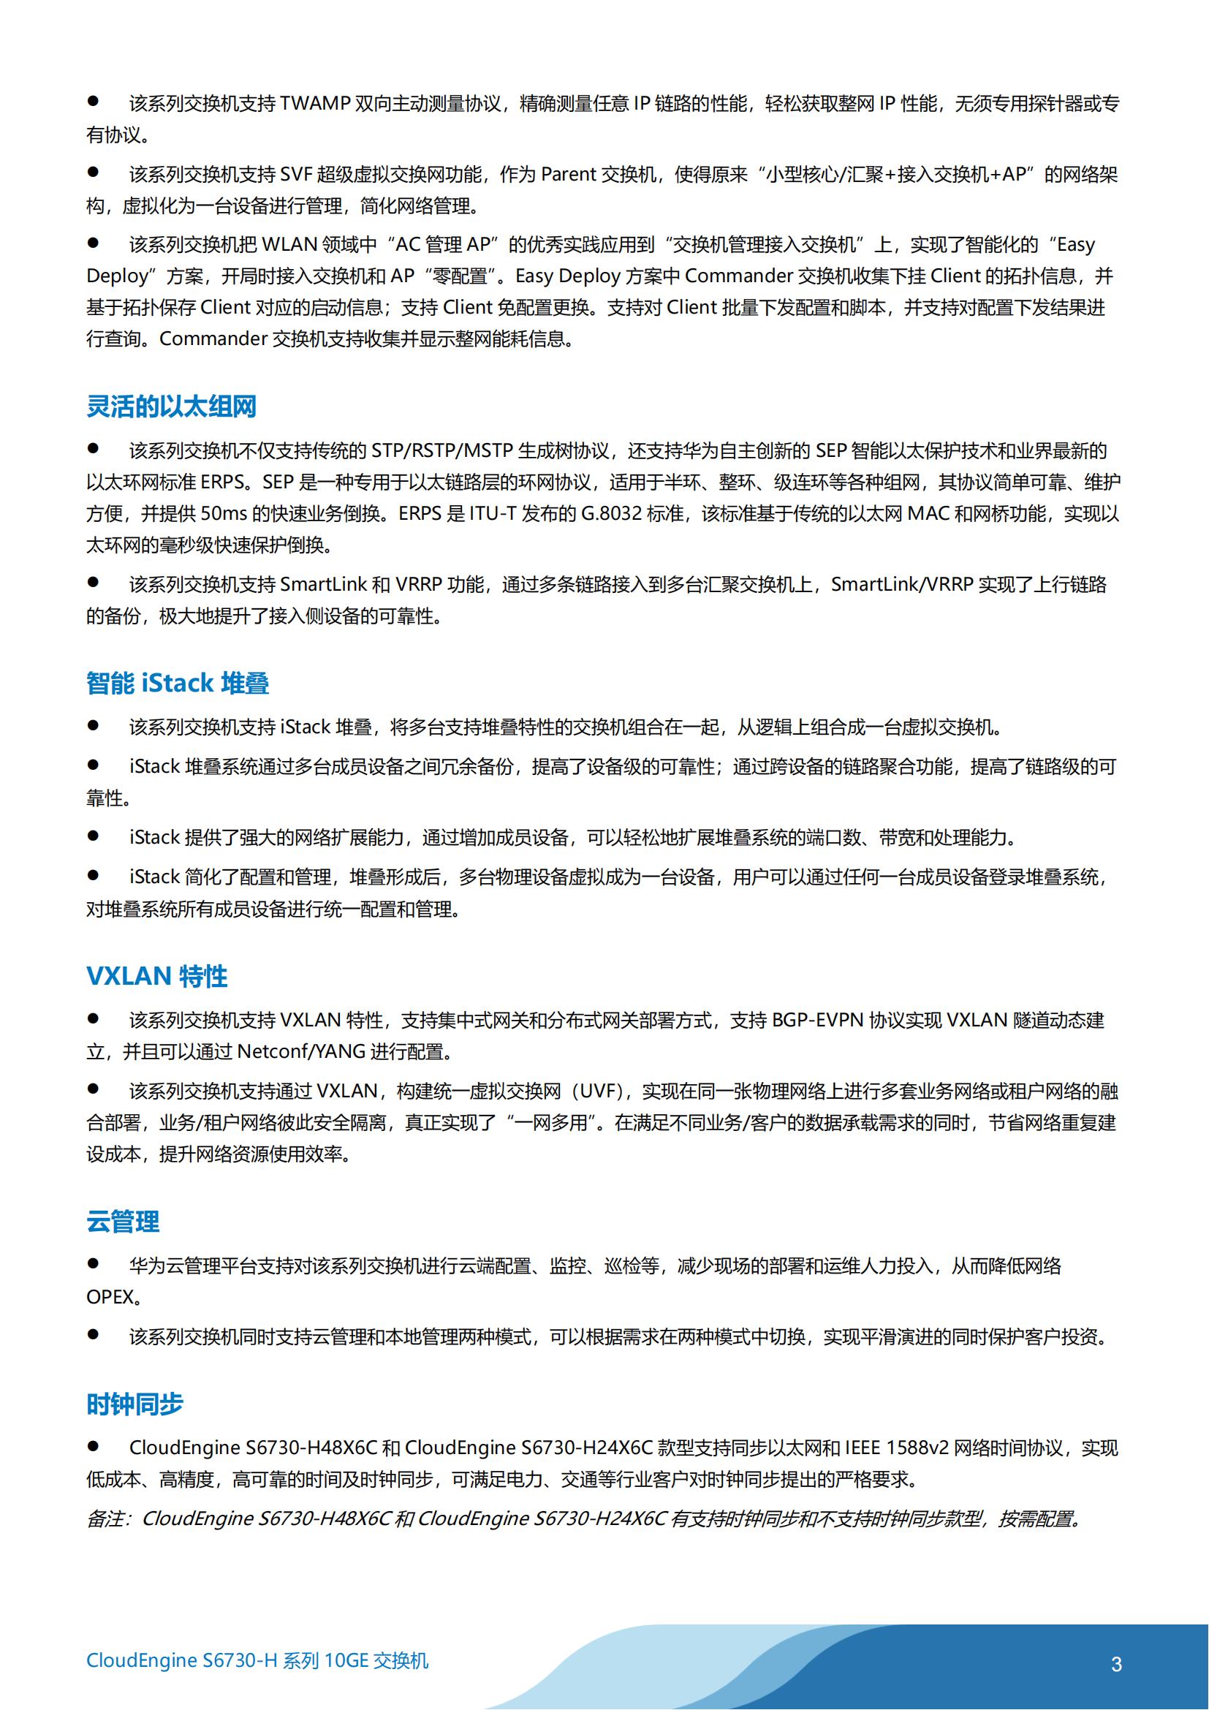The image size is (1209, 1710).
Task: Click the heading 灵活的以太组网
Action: pyautogui.click(x=171, y=406)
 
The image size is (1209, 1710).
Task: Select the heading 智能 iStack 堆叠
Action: pyautogui.click(x=177, y=683)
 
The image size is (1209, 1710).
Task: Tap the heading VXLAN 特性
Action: pyautogui.click(x=156, y=976)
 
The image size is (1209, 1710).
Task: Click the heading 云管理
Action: pyautogui.click(x=123, y=1222)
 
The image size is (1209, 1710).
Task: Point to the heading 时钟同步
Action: pyautogui.click(x=134, y=1404)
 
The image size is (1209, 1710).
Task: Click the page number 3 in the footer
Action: pyautogui.click(x=1116, y=1664)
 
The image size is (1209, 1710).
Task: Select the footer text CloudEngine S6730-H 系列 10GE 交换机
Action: pyautogui.click(x=257, y=1660)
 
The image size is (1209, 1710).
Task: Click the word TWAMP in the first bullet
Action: pyautogui.click(x=315, y=104)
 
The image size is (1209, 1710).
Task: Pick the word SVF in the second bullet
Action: pyautogui.click(x=295, y=174)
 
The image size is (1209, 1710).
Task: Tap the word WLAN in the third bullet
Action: pyautogui.click(x=289, y=244)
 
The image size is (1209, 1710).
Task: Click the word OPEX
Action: pyautogui.click(x=110, y=1297)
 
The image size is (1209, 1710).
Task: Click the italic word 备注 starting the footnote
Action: pyautogui.click(x=105, y=1518)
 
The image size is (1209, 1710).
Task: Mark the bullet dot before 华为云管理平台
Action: pyautogui.click(x=93, y=1263)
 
